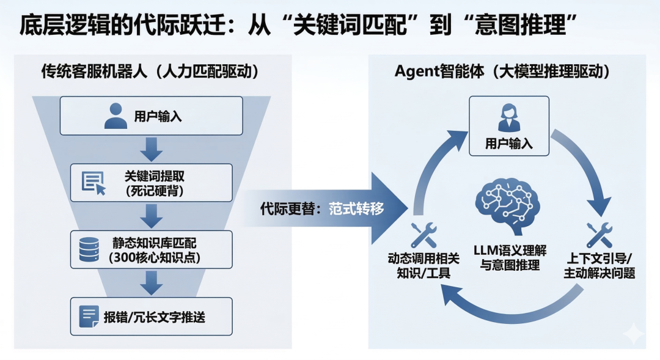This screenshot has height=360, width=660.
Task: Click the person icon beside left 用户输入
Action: (x=116, y=116)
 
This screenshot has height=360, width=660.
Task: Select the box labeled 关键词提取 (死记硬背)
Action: (x=151, y=182)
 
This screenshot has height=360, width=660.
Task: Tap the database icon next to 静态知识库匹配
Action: (x=90, y=249)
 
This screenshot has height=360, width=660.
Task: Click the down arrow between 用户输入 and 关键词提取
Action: (x=151, y=149)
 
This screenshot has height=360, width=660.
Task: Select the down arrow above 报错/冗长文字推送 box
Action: (x=151, y=283)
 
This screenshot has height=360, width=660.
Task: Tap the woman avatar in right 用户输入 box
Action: (x=509, y=117)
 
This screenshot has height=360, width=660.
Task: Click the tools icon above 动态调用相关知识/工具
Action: (x=423, y=235)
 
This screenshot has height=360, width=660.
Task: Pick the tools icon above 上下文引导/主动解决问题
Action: (x=599, y=235)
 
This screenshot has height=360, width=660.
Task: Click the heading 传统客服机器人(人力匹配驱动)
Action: (x=150, y=72)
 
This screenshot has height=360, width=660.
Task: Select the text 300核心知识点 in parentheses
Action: (x=154, y=257)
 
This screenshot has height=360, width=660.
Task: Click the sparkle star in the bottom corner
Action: (x=633, y=334)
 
